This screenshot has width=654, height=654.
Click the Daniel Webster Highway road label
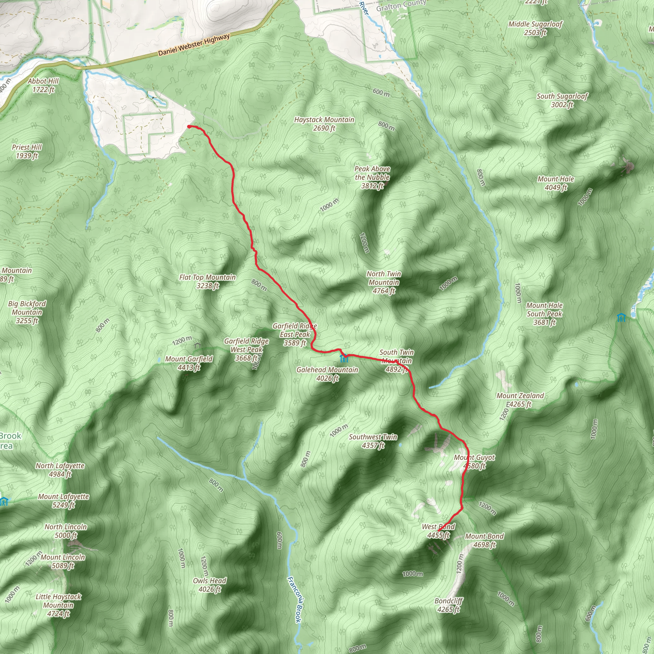click(x=194, y=45)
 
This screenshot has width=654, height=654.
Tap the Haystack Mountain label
click(x=324, y=124)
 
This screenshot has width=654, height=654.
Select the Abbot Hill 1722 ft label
click(x=43, y=85)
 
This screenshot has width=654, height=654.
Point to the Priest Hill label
click(x=27, y=151)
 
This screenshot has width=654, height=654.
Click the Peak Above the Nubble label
click(x=372, y=177)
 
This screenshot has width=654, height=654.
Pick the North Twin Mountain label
click(x=384, y=282)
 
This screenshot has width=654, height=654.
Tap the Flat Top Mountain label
click(x=207, y=281)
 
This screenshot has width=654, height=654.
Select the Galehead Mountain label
click(x=327, y=374)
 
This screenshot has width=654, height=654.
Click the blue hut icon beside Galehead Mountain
click(x=344, y=358)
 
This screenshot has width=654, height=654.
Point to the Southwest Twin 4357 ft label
click(x=373, y=441)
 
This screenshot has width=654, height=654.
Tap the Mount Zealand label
click(x=520, y=399)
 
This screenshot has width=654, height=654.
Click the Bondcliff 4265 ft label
click(x=449, y=605)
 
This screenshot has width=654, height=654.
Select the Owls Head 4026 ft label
click(x=209, y=585)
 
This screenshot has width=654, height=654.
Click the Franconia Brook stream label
click(x=294, y=599)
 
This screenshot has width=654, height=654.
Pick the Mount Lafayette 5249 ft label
click(x=63, y=501)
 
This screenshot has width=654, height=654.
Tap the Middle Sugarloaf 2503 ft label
click(x=535, y=28)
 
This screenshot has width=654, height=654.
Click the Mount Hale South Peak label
click(x=544, y=314)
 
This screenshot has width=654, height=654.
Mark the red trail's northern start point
click(x=188, y=126)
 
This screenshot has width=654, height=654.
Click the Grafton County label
click(x=401, y=5)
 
